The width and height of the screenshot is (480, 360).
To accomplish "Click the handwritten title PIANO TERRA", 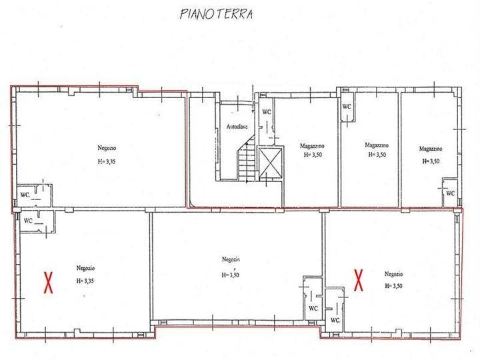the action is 217,14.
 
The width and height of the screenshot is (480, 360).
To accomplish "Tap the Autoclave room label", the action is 237,127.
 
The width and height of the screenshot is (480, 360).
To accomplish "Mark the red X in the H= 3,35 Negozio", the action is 48,282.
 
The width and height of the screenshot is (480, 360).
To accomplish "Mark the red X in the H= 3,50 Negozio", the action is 359,280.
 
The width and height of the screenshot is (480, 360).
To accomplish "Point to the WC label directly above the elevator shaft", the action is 267,112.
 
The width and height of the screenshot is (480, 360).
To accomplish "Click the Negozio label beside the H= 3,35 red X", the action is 86,268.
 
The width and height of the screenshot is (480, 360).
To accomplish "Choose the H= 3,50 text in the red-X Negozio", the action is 394,286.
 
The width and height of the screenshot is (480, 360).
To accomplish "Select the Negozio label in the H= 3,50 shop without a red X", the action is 231,259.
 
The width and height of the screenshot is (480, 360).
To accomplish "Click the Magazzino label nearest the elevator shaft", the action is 312,146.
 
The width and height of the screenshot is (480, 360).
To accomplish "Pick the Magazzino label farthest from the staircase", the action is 431,149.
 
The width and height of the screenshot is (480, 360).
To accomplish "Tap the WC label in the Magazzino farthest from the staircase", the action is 451,193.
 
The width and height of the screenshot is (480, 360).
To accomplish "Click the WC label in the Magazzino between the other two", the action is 347,107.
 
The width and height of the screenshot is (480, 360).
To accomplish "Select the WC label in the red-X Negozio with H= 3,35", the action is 28,221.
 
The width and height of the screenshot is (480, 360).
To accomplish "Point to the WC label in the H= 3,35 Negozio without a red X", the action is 25,195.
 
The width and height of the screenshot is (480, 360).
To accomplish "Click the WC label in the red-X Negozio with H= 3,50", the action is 335,320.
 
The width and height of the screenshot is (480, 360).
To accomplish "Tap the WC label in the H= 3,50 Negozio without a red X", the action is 313,308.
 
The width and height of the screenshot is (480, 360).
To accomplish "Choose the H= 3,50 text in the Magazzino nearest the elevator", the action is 313,155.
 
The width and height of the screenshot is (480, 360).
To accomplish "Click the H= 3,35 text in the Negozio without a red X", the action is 107,162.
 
